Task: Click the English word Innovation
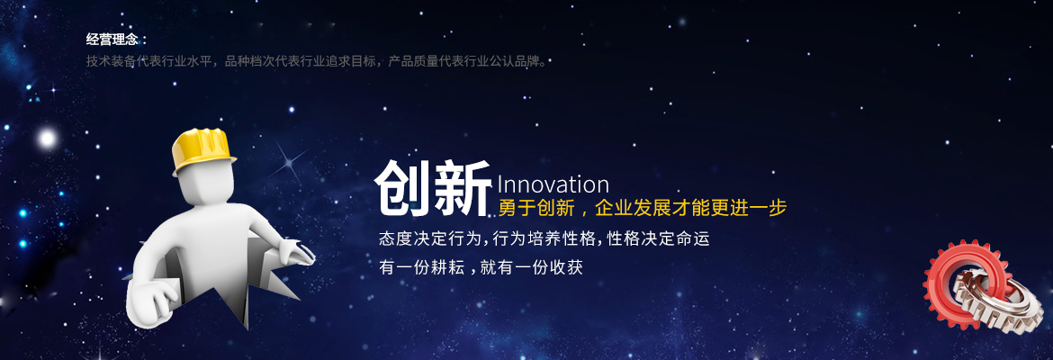[552, 184]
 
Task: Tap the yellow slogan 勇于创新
[535, 208]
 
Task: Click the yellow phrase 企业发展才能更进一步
[690, 208]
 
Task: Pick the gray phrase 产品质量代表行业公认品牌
[468, 61]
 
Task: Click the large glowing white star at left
[46, 139]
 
